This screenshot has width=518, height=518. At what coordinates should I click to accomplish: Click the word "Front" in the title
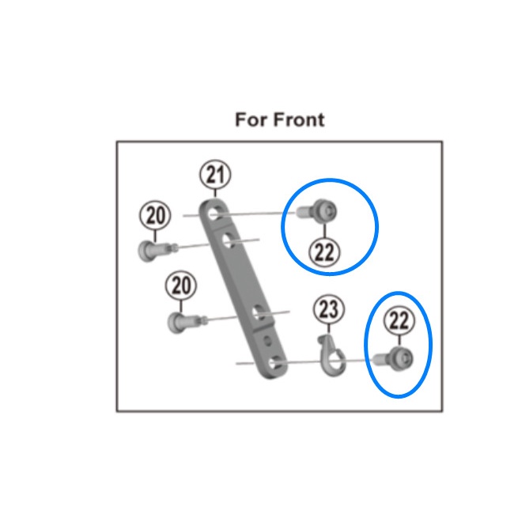(x=299, y=119)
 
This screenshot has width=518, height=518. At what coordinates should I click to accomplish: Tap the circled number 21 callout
(x=215, y=175)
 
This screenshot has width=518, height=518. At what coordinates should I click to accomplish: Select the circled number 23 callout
(x=329, y=309)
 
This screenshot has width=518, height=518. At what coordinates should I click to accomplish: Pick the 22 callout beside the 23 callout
(x=399, y=320)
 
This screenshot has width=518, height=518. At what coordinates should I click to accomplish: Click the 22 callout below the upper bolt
(x=324, y=252)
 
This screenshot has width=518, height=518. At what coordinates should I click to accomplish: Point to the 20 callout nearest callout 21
(x=155, y=216)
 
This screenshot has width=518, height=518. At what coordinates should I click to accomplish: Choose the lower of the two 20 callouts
(x=181, y=285)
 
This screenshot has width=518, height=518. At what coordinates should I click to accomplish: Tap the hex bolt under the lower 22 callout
(x=393, y=359)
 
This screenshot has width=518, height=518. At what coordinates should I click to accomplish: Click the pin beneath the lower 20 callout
(x=187, y=322)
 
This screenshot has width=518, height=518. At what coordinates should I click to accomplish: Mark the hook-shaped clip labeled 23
(x=331, y=355)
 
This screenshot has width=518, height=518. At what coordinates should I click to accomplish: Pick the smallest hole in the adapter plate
(x=268, y=340)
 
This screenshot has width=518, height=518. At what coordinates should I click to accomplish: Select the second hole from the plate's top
(x=229, y=240)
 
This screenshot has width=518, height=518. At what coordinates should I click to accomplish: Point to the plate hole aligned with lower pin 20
(x=259, y=312)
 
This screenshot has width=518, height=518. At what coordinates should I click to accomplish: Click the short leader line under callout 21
(x=215, y=194)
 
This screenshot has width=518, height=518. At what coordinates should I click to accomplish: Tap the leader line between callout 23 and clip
(x=329, y=329)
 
